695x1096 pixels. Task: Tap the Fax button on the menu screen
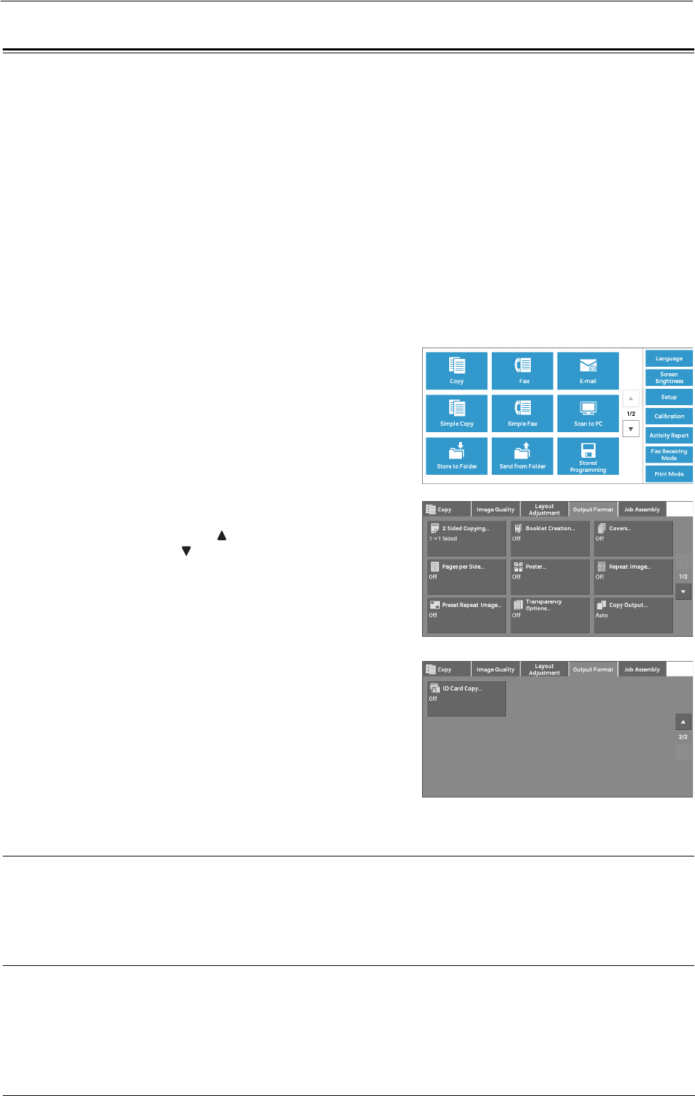pyautogui.click(x=522, y=371)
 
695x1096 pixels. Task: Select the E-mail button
pyautogui.click(x=588, y=371)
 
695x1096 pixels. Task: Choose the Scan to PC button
pyautogui.click(x=588, y=414)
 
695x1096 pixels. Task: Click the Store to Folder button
pyautogui.click(x=457, y=456)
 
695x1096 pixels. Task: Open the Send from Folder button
pyautogui.click(x=522, y=456)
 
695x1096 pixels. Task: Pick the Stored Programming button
pyautogui.click(x=588, y=456)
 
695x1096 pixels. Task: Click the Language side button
pyautogui.click(x=669, y=359)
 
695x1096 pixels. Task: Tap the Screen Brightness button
pyautogui.click(x=669, y=377)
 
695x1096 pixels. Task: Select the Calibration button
pyautogui.click(x=669, y=417)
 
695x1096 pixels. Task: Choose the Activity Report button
pyautogui.click(x=669, y=436)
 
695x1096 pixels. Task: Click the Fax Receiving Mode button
pyautogui.click(x=669, y=455)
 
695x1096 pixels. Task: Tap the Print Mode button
pyautogui.click(x=669, y=474)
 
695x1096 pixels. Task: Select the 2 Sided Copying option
pyautogui.click(x=466, y=538)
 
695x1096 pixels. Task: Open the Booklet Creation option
pyautogui.click(x=549, y=538)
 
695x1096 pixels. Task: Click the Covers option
pyautogui.click(x=632, y=538)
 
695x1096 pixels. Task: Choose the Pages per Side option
pyautogui.click(x=466, y=576)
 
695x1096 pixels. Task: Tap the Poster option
pyautogui.click(x=549, y=576)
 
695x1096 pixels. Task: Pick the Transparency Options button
pyautogui.click(x=549, y=615)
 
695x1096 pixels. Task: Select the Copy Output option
pyautogui.click(x=632, y=615)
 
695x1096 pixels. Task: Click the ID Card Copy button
pyautogui.click(x=466, y=698)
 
